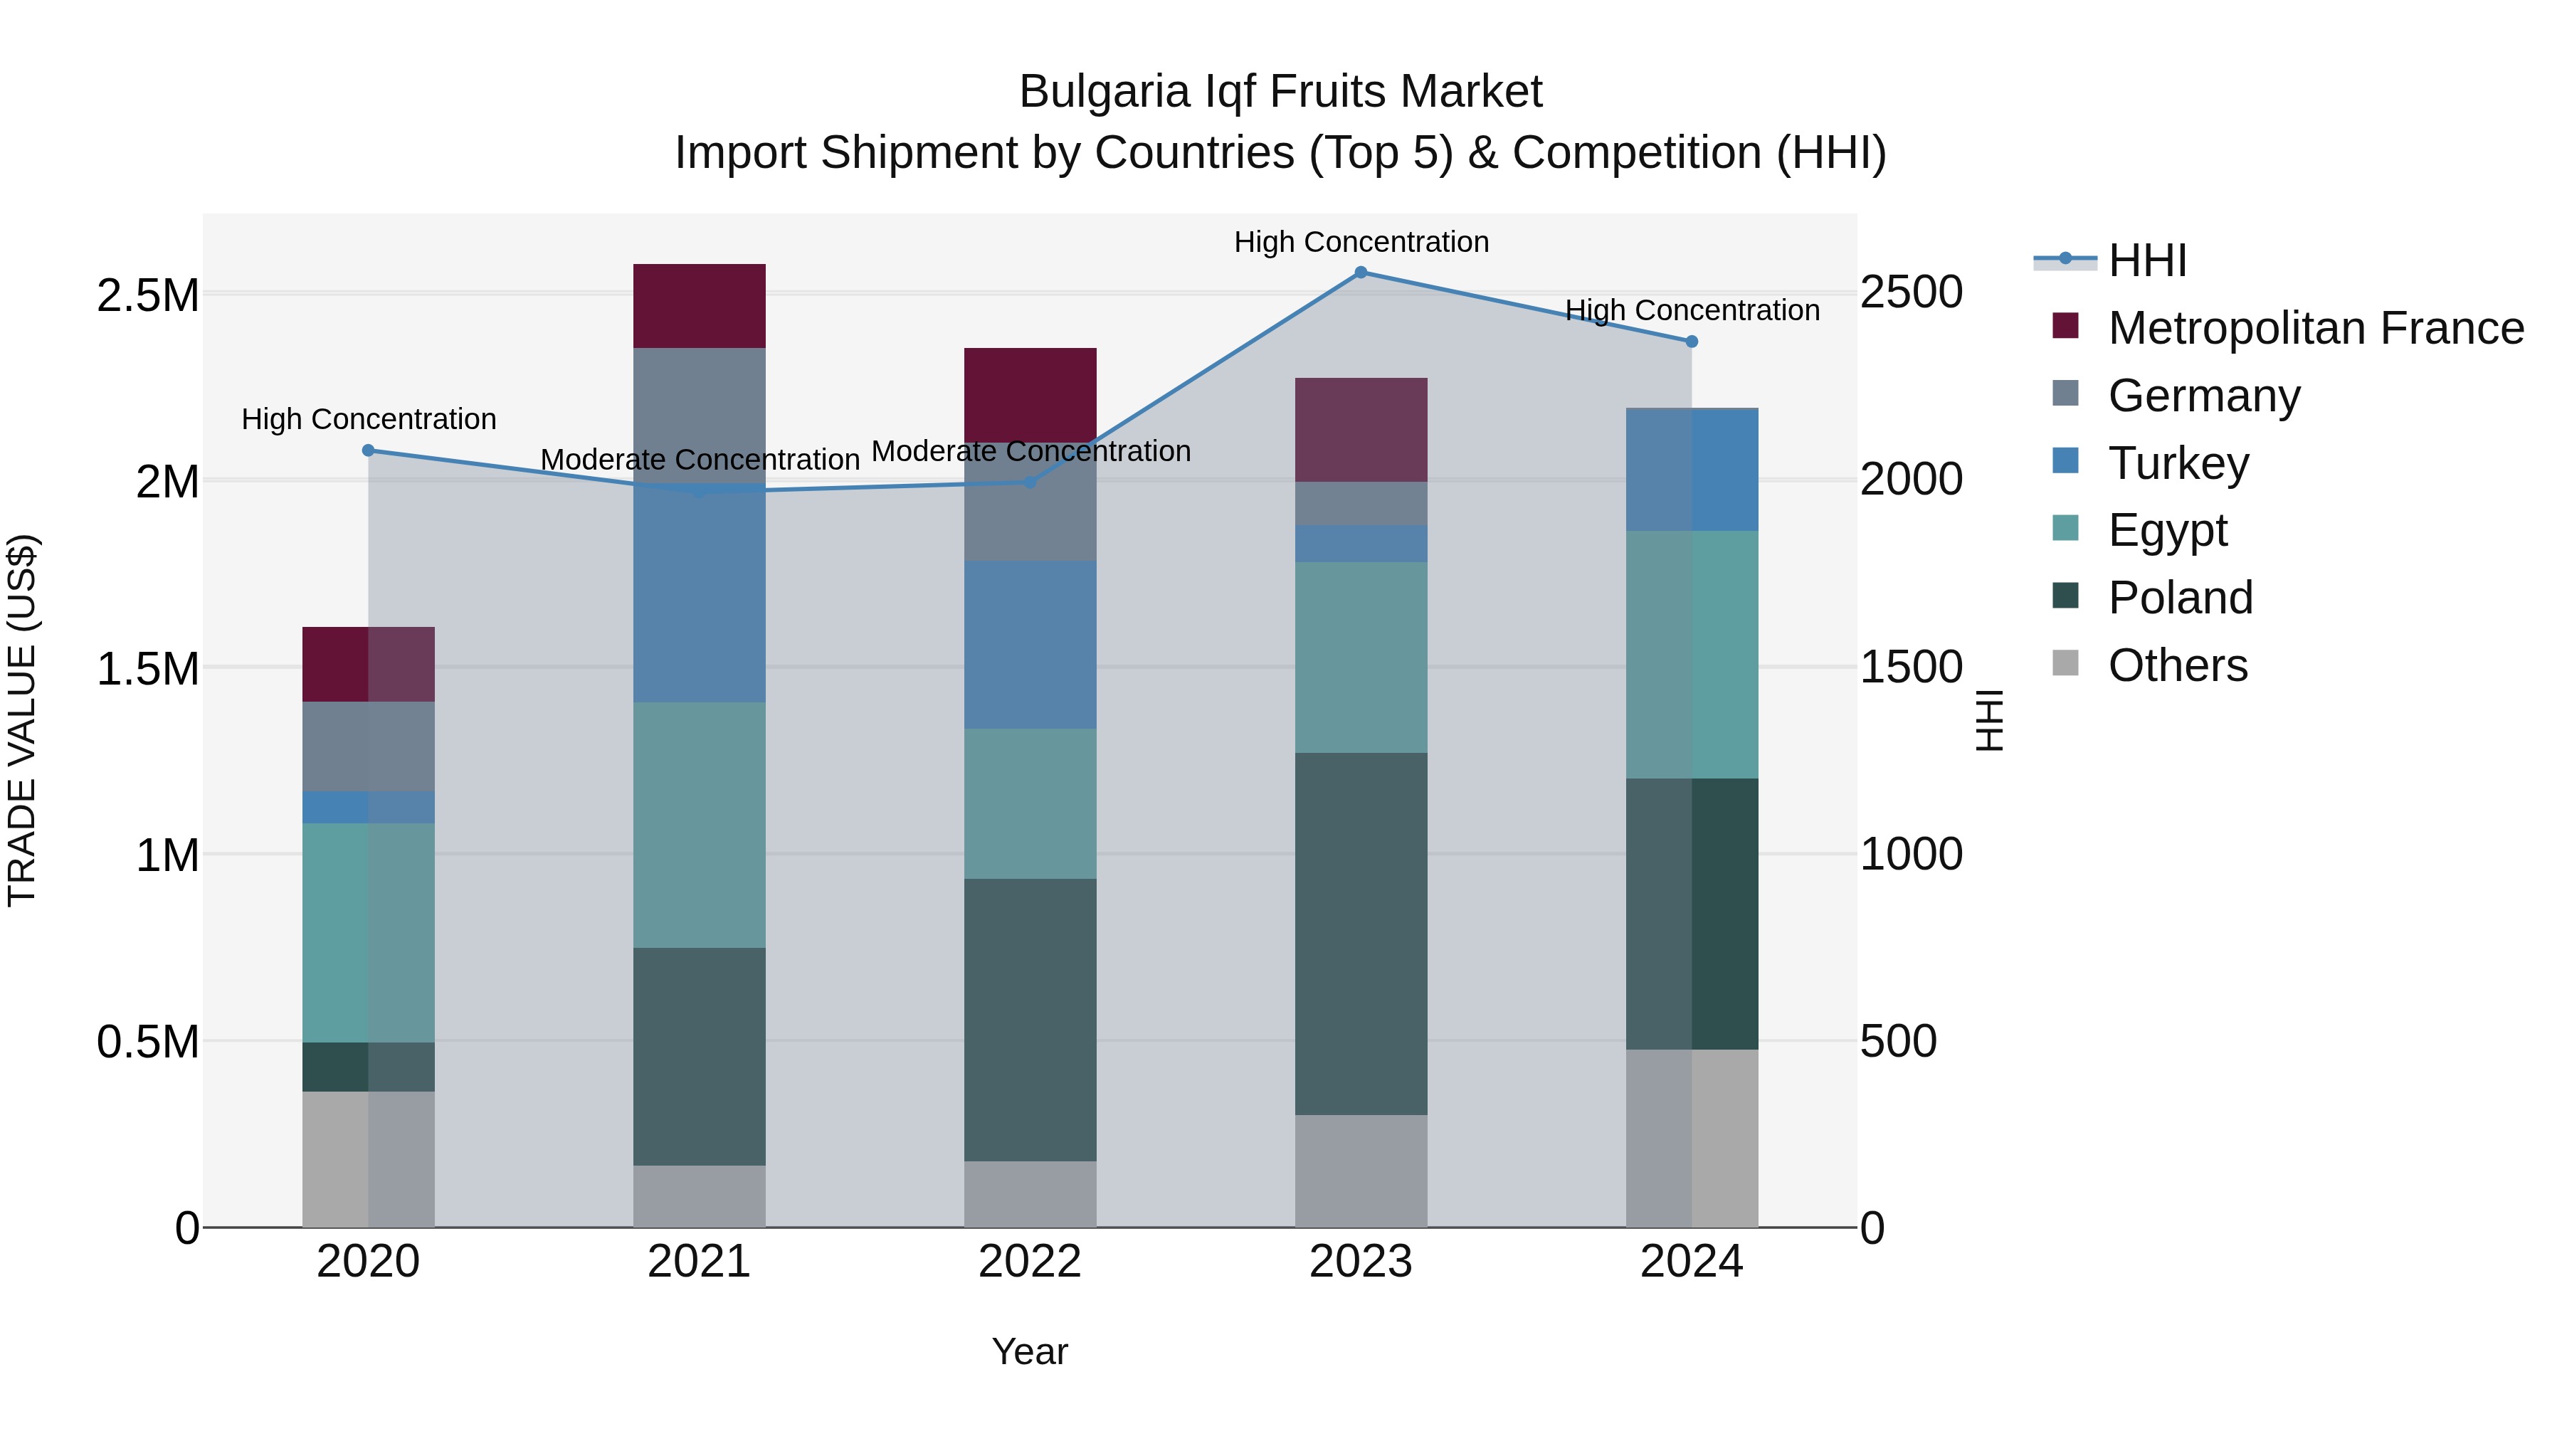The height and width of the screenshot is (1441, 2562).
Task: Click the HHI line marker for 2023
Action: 1361,273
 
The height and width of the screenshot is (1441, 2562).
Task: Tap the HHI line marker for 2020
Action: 368,450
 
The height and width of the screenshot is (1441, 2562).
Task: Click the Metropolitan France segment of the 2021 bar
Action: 699,306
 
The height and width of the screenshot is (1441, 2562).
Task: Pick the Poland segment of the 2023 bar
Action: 1361,933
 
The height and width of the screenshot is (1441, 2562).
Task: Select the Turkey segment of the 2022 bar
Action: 1030,645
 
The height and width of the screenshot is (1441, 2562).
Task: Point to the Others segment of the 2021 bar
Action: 699,1195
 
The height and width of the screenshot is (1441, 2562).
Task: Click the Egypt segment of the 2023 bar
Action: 1361,658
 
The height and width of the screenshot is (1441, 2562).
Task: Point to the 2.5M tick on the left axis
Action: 148,295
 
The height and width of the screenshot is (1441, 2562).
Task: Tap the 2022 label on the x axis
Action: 1030,1262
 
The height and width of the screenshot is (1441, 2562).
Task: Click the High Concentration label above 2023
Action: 1361,242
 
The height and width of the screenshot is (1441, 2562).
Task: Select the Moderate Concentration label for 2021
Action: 699,460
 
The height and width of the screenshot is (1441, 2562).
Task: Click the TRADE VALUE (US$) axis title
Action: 22,720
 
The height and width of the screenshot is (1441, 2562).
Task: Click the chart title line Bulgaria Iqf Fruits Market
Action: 1280,92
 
